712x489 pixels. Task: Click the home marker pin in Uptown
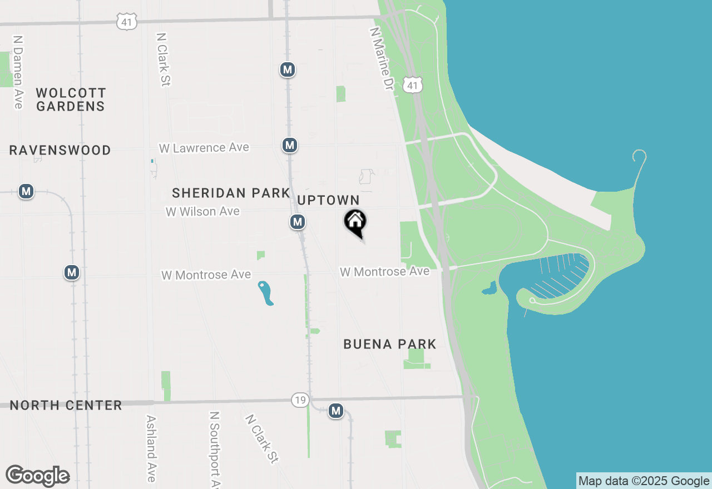(x=355, y=222)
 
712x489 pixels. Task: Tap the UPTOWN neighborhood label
(x=328, y=200)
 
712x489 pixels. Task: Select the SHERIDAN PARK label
(x=231, y=193)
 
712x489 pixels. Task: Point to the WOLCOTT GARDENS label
(x=71, y=99)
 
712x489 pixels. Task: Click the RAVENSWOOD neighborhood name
(x=60, y=151)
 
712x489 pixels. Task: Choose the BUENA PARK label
(x=389, y=344)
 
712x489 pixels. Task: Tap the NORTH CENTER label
(x=66, y=405)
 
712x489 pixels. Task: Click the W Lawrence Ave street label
(x=204, y=148)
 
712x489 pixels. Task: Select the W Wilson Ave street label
(x=202, y=212)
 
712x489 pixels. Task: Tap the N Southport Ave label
(x=215, y=449)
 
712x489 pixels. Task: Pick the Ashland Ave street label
(x=150, y=448)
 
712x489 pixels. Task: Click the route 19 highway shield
(x=300, y=400)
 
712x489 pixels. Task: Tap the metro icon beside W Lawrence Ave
(x=289, y=146)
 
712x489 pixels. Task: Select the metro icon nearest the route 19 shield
(x=335, y=411)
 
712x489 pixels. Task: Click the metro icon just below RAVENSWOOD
(x=26, y=192)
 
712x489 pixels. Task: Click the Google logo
(x=38, y=476)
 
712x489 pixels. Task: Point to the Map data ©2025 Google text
(x=644, y=481)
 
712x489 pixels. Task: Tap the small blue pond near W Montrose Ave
(x=266, y=293)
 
